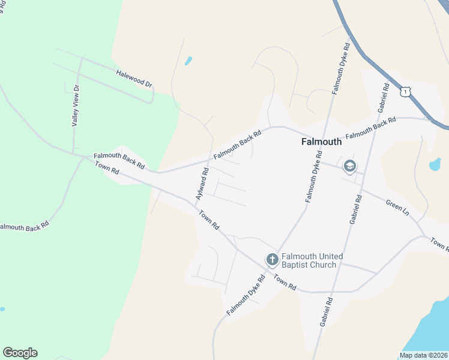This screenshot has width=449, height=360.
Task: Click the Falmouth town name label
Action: point(321,142)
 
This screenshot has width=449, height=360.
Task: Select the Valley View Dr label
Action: point(76,105)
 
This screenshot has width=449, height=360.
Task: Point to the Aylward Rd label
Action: point(202,184)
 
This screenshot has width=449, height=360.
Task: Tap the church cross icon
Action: point(272,260)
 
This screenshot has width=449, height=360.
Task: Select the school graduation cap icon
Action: point(349,166)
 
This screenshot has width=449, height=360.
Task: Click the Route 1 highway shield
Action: point(406,91)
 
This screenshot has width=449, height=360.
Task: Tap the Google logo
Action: point(20,353)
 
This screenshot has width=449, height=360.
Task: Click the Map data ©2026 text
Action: point(423,355)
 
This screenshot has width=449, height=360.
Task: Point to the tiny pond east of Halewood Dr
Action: point(188,61)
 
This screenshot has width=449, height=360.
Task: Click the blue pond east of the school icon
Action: point(435,164)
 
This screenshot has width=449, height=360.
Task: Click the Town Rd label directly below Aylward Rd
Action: point(208,220)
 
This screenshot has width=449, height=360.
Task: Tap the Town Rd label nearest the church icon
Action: point(285,283)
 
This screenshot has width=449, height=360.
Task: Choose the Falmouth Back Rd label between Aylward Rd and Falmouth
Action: point(238,146)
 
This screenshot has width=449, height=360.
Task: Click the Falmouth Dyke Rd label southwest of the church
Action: point(246,296)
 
